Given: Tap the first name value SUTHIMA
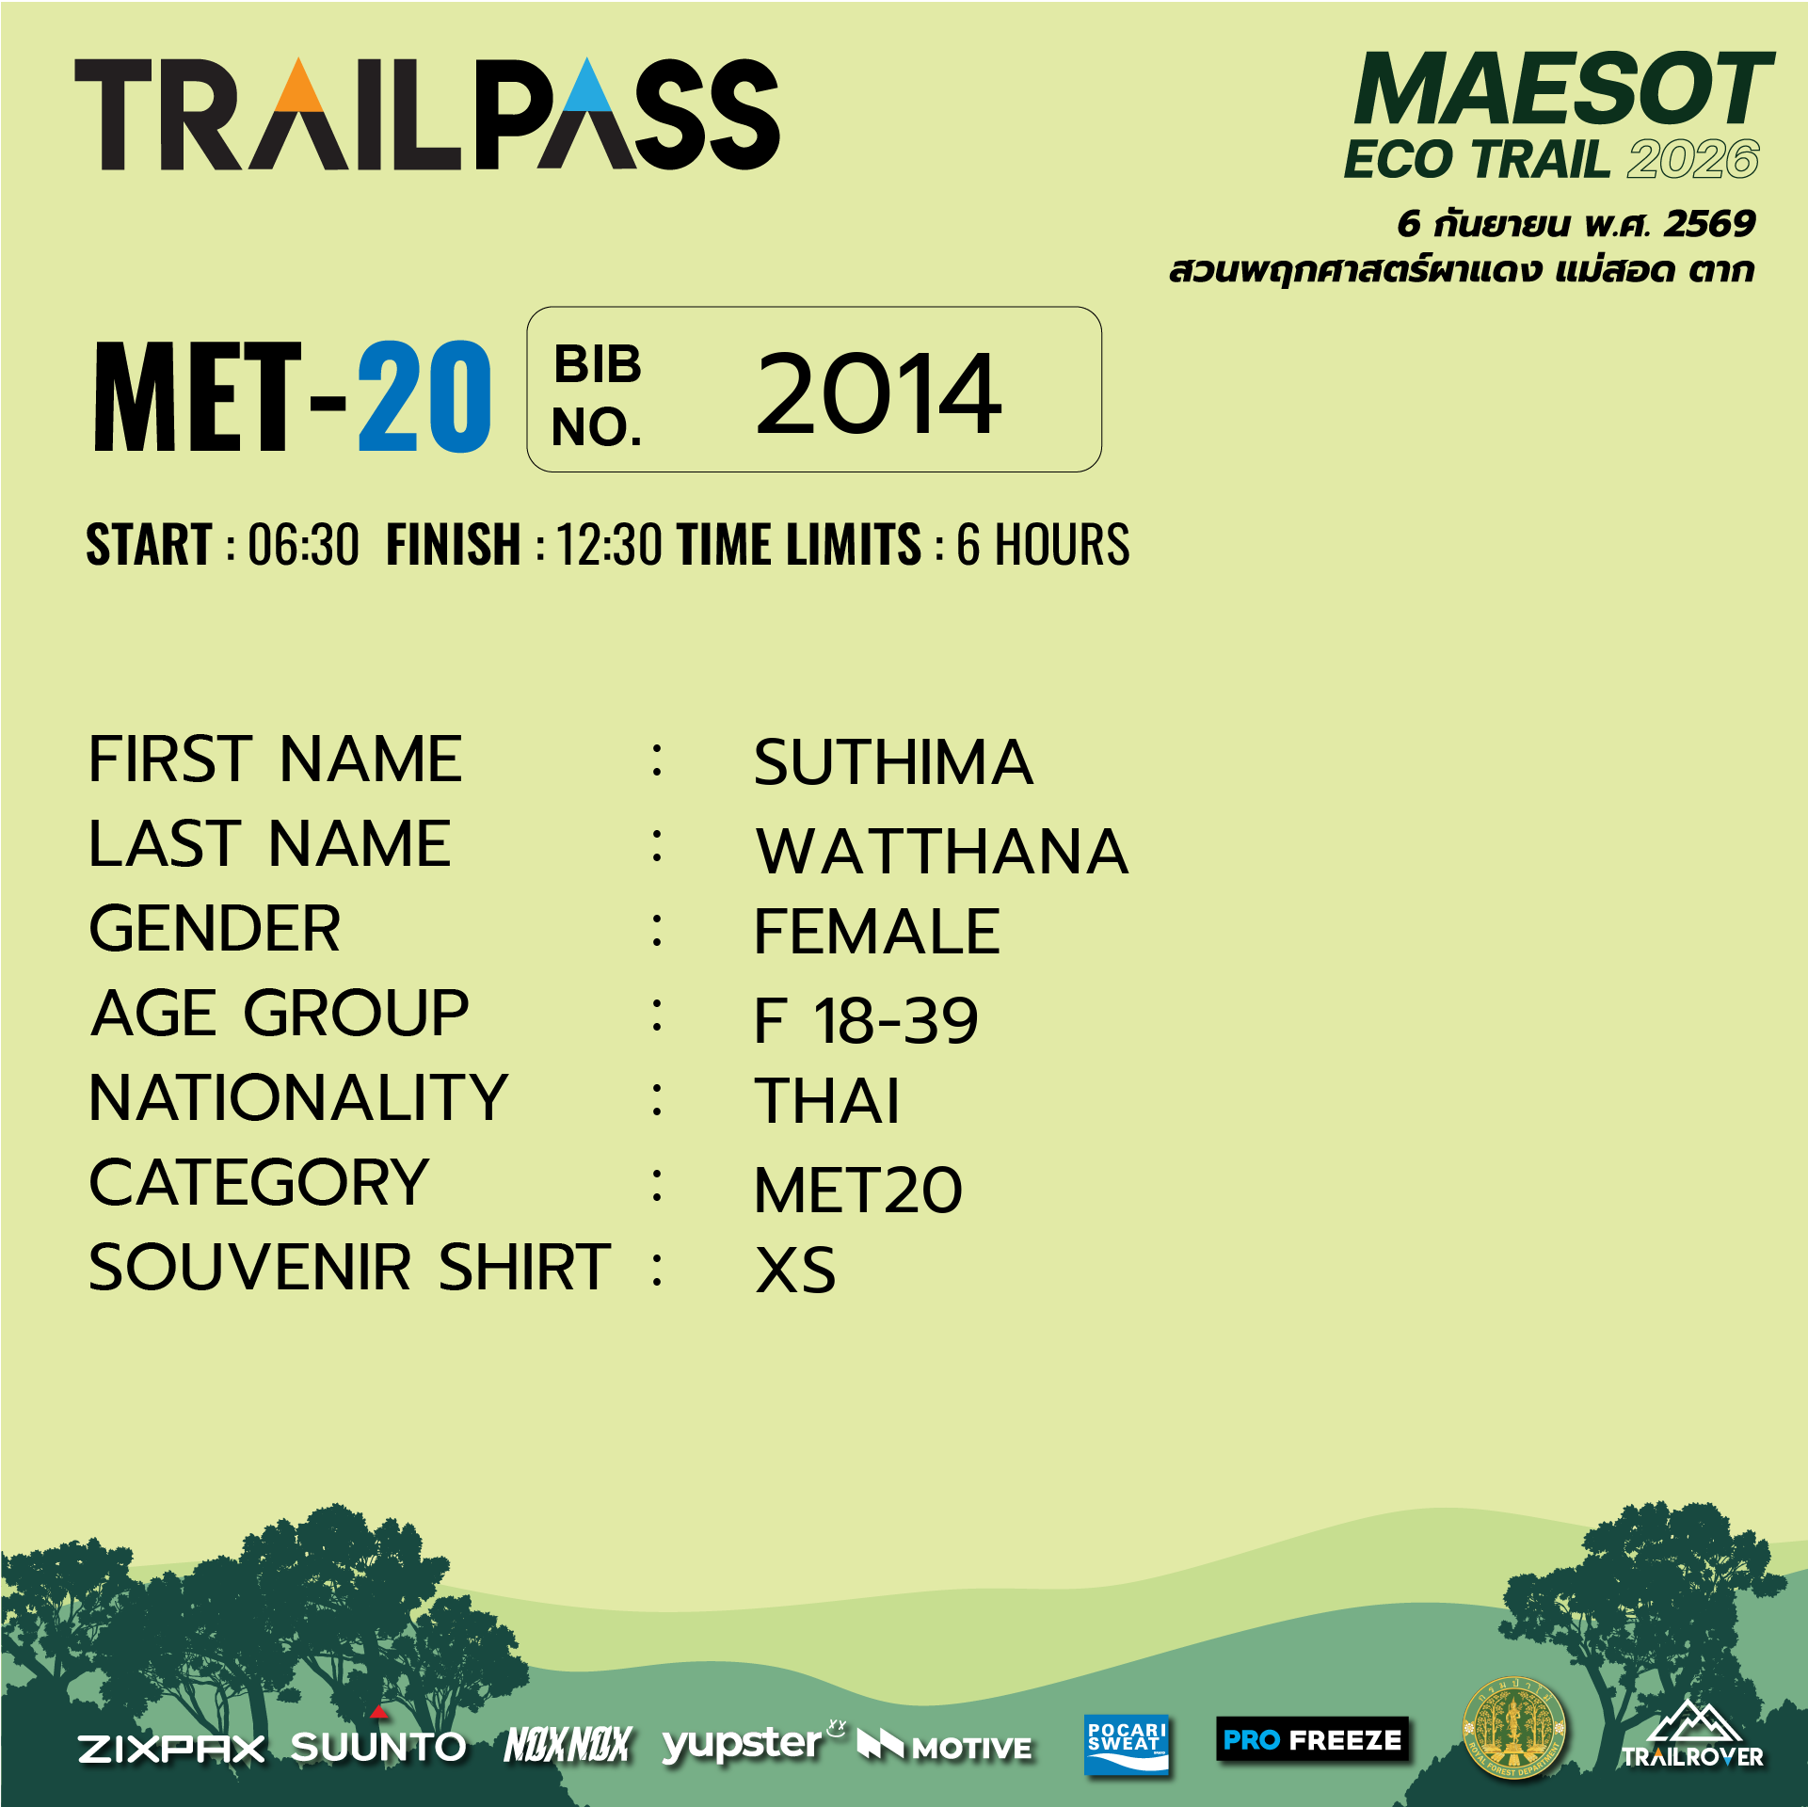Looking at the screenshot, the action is pos(893,761).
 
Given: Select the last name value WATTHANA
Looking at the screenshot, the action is pos(942,851).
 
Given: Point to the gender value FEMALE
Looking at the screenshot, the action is pos(876,932).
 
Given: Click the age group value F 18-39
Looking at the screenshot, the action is pos(866,1020).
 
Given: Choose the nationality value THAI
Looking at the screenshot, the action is pos(827,1100).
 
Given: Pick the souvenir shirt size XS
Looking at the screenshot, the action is pos(795,1270).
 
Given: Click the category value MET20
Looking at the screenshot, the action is pos(858,1190).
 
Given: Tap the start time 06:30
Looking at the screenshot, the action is pos(303,544).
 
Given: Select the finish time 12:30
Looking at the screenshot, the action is pos(609,544).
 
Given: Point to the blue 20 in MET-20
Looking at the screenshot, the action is pos(424,396).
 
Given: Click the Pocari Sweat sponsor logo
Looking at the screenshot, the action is pos(1126,1744).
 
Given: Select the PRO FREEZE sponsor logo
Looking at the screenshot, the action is pos(1312,1739).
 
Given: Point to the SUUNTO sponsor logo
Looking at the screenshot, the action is pos(378,1743).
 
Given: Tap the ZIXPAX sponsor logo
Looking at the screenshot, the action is pos(171,1749).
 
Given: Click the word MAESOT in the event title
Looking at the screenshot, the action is pos(1562,89).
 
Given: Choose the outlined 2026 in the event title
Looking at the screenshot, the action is pos(1693,159).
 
